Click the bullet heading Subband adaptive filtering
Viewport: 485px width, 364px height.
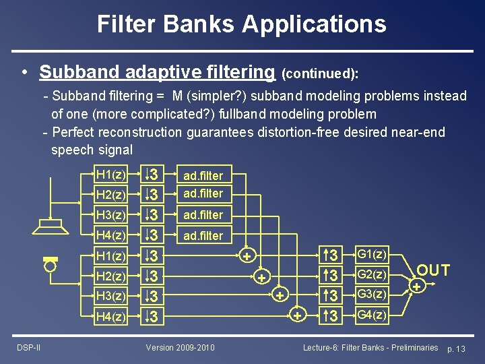click(158, 71)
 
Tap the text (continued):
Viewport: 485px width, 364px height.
click(320, 72)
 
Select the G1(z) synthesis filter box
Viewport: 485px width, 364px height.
click(372, 255)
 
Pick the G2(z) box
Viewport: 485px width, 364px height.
click(372, 275)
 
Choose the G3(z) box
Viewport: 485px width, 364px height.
click(372, 295)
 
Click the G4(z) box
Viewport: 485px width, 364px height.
click(372, 315)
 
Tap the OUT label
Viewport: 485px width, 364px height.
click(432, 270)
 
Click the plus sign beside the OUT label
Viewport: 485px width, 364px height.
click(418, 287)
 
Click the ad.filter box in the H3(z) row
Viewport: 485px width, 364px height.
click(202, 215)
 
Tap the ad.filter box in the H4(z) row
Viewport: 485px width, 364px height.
click(202, 236)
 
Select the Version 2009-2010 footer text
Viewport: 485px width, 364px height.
click(181, 347)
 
